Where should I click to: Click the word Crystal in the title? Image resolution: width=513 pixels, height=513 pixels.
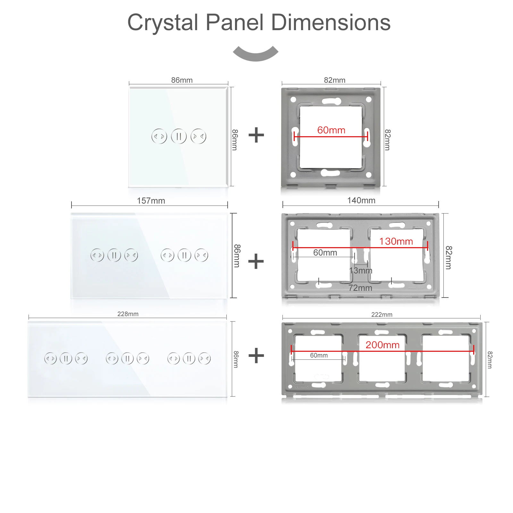pos(163,23)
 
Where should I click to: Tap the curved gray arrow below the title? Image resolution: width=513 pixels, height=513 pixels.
pos(256,54)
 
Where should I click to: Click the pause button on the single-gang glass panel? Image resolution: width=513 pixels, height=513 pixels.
pos(179,137)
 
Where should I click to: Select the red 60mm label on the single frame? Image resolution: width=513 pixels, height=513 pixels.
pos(331,130)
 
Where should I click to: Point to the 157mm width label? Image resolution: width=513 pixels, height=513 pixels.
pos(151,201)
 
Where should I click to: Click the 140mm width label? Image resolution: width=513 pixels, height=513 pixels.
pos(361,200)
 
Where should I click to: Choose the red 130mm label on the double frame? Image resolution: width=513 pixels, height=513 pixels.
pos(396,241)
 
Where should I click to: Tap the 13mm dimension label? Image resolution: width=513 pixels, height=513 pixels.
pos(361,271)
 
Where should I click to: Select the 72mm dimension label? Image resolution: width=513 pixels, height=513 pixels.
pos(360,288)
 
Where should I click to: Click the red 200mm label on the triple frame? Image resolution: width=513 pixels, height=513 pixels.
pos(383,345)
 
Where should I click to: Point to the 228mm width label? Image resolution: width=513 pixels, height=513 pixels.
pos(128,314)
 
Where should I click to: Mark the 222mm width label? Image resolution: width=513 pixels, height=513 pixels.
pos(382,315)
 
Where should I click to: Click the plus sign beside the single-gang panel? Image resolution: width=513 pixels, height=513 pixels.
pos(256,135)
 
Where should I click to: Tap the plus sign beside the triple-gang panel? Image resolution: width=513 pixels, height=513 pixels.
pos(256,356)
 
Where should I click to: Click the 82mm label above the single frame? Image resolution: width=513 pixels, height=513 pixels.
pos(335,80)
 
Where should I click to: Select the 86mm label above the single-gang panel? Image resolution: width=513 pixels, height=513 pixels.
pos(182,80)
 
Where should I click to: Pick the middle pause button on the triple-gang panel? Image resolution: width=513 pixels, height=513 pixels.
pos(128,358)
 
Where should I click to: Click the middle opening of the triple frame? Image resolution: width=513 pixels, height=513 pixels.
pos(382,358)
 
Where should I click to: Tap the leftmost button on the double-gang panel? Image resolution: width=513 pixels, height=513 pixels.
pos(97,256)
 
